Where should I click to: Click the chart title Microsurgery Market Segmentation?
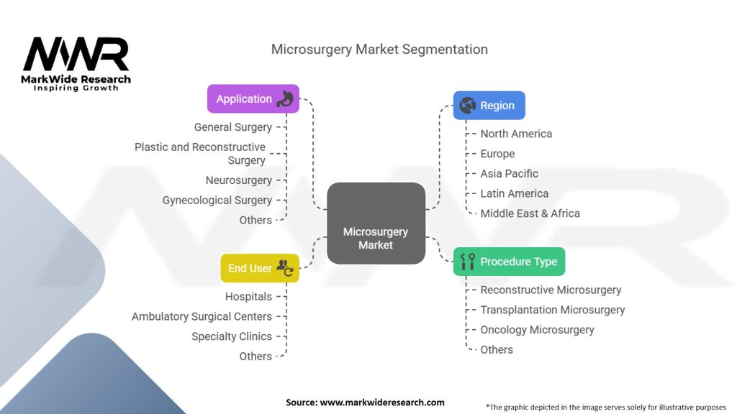click(379, 50)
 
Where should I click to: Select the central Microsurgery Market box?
click(376, 224)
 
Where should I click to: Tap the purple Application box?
click(253, 99)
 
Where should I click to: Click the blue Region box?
click(489, 106)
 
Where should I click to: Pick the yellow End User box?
click(259, 268)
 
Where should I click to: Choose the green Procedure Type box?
click(509, 262)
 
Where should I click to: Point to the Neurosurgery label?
click(238, 180)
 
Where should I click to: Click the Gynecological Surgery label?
click(217, 201)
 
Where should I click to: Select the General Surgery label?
click(232, 127)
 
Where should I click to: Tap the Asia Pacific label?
click(509, 174)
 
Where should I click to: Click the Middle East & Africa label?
click(530, 213)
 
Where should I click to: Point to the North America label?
click(516, 134)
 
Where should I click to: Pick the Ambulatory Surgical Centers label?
click(202, 316)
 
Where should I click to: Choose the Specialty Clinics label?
click(231, 336)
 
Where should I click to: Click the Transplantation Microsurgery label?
click(552, 310)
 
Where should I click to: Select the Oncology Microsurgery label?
click(537, 330)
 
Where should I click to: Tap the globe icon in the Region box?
click(468, 106)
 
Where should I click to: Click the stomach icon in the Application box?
click(286, 99)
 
